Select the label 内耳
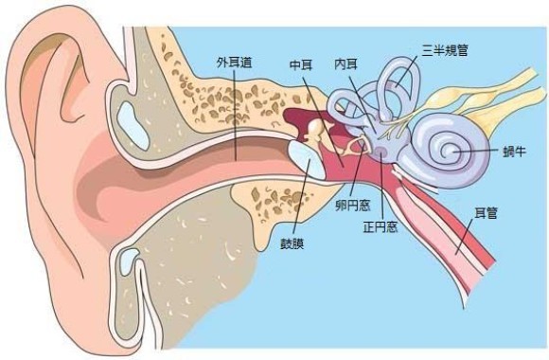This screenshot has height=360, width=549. (x=345, y=63)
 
